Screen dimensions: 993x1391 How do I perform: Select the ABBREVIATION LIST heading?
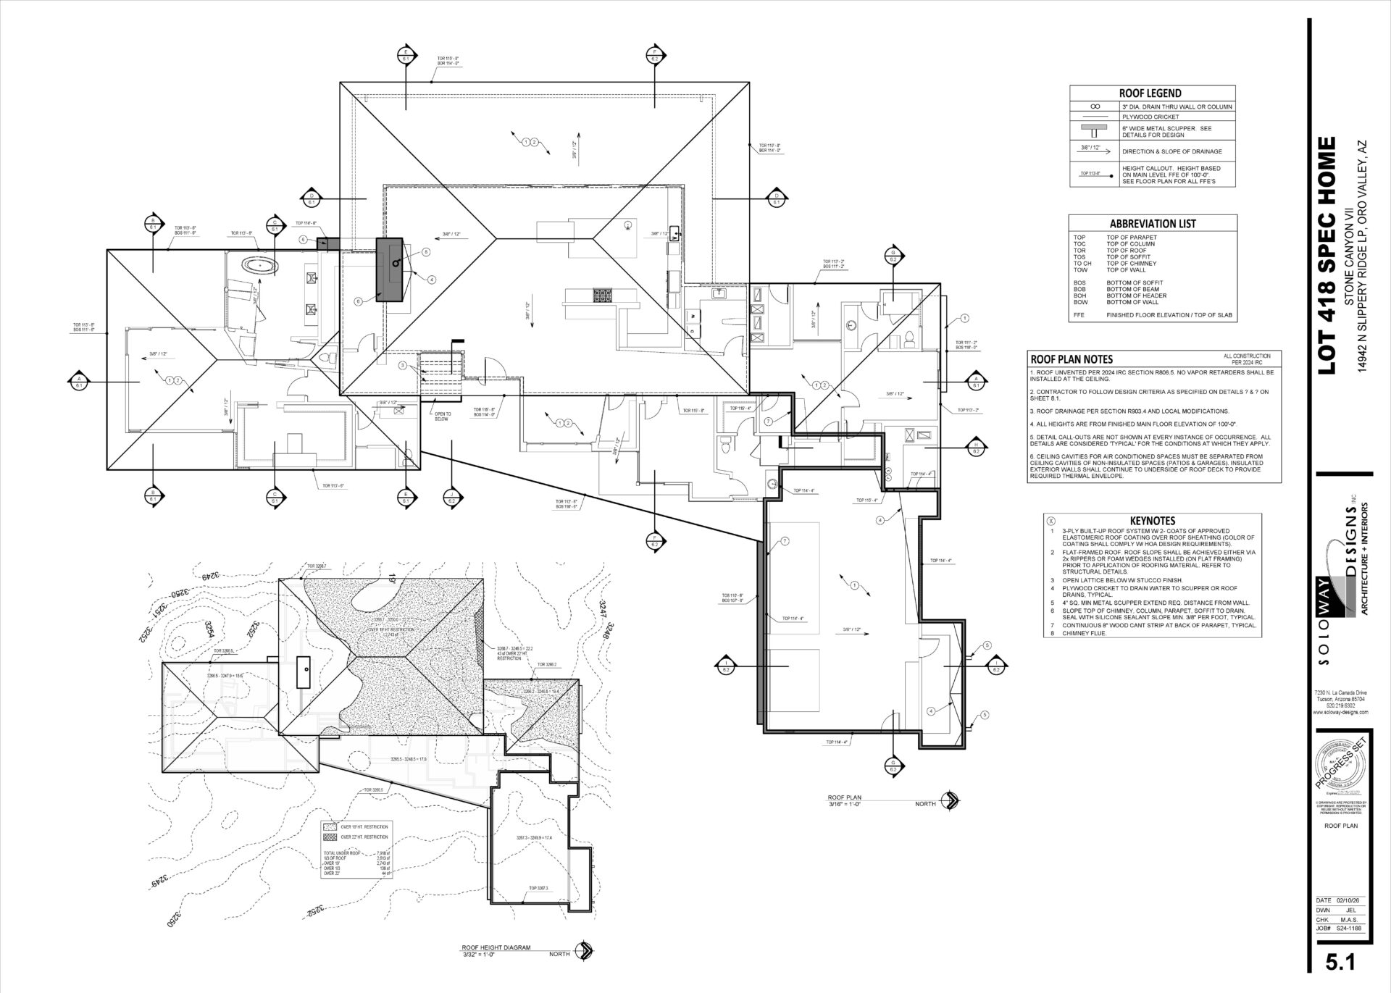point(1152,224)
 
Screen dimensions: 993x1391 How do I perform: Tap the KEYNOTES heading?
point(1152,521)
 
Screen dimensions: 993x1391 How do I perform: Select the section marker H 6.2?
point(976,447)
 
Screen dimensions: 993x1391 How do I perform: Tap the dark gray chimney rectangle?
point(389,269)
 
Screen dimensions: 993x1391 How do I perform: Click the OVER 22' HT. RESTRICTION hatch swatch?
point(330,837)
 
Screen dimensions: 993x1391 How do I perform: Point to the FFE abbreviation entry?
point(1079,315)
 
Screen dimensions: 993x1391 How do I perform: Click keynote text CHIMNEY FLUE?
point(1082,633)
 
